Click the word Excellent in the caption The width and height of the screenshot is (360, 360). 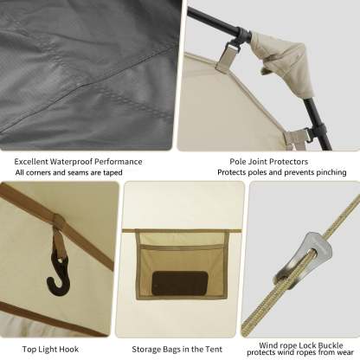[x=31, y=162]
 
